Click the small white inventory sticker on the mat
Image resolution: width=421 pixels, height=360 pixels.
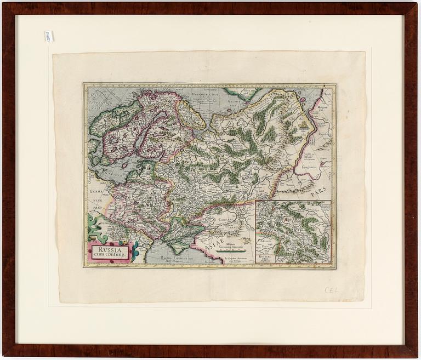(x=48, y=36)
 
